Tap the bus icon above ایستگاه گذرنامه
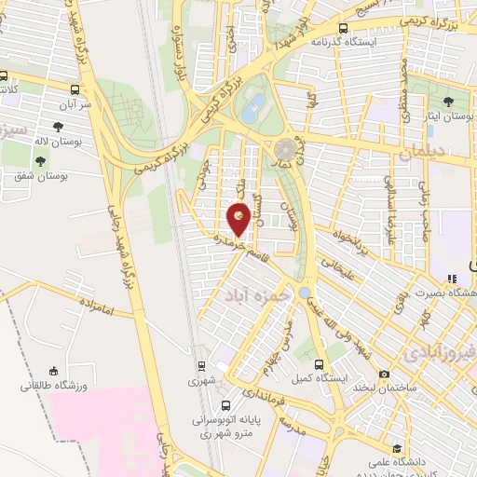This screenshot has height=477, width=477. (x=344, y=28)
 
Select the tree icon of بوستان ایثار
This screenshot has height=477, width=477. (x=450, y=101)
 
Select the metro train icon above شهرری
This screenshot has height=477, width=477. (x=201, y=365)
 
